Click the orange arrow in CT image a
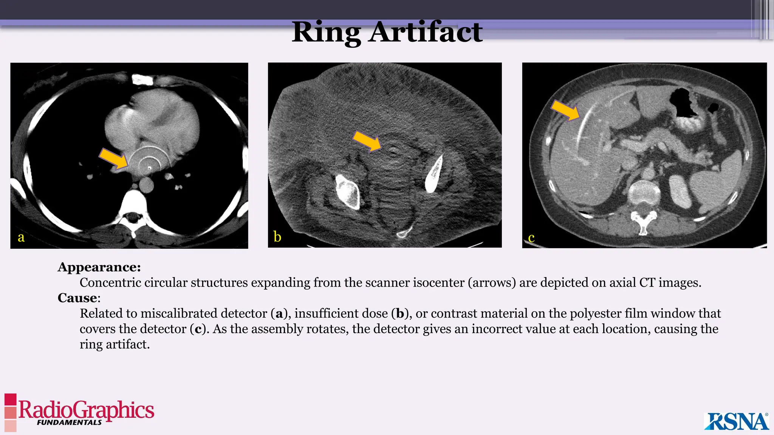coord(114,159)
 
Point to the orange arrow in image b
coord(367,141)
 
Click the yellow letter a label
coord(21,237)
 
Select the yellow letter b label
coord(277,237)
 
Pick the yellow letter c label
coord(531,238)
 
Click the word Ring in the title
coord(326,32)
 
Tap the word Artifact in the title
coord(426,32)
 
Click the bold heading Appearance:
coord(99,267)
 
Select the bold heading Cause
coord(77,298)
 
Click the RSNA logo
coord(736,421)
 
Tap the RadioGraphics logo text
coord(86,409)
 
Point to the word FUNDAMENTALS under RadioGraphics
coord(69,423)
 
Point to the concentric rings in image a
coord(149,160)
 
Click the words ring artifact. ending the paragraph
coord(115,344)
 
